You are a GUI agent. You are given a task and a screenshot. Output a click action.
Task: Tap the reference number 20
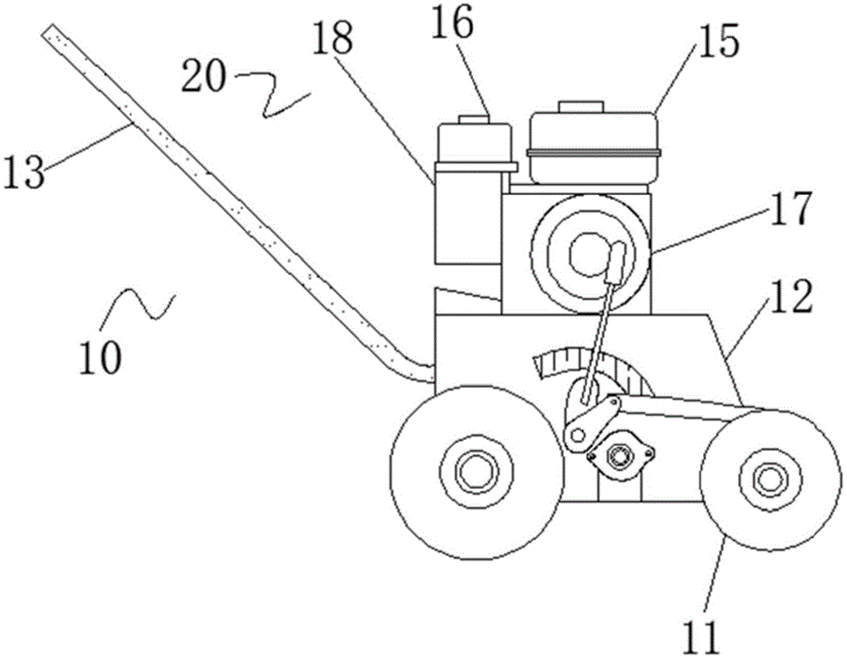click(202, 75)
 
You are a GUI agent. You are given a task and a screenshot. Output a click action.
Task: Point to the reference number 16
click(452, 22)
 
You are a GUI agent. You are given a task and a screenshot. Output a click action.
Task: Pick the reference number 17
click(791, 209)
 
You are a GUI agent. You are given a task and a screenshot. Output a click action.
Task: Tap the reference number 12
click(791, 297)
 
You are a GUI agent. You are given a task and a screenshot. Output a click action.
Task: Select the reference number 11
click(701, 638)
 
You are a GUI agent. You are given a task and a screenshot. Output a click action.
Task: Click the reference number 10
click(101, 357)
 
